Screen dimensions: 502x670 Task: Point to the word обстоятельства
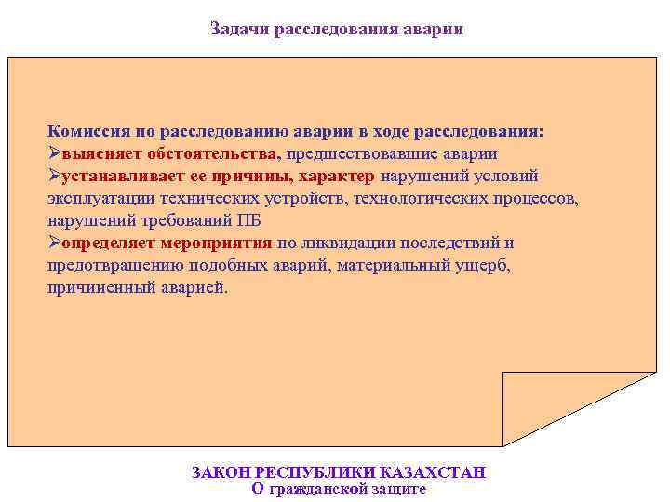pyautogui.click(x=214, y=154)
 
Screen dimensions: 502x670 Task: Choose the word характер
pyautogui.click(x=337, y=177)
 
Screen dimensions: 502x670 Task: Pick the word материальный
pyautogui.click(x=394, y=266)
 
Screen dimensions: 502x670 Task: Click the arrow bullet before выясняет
pyautogui.click(x=54, y=154)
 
